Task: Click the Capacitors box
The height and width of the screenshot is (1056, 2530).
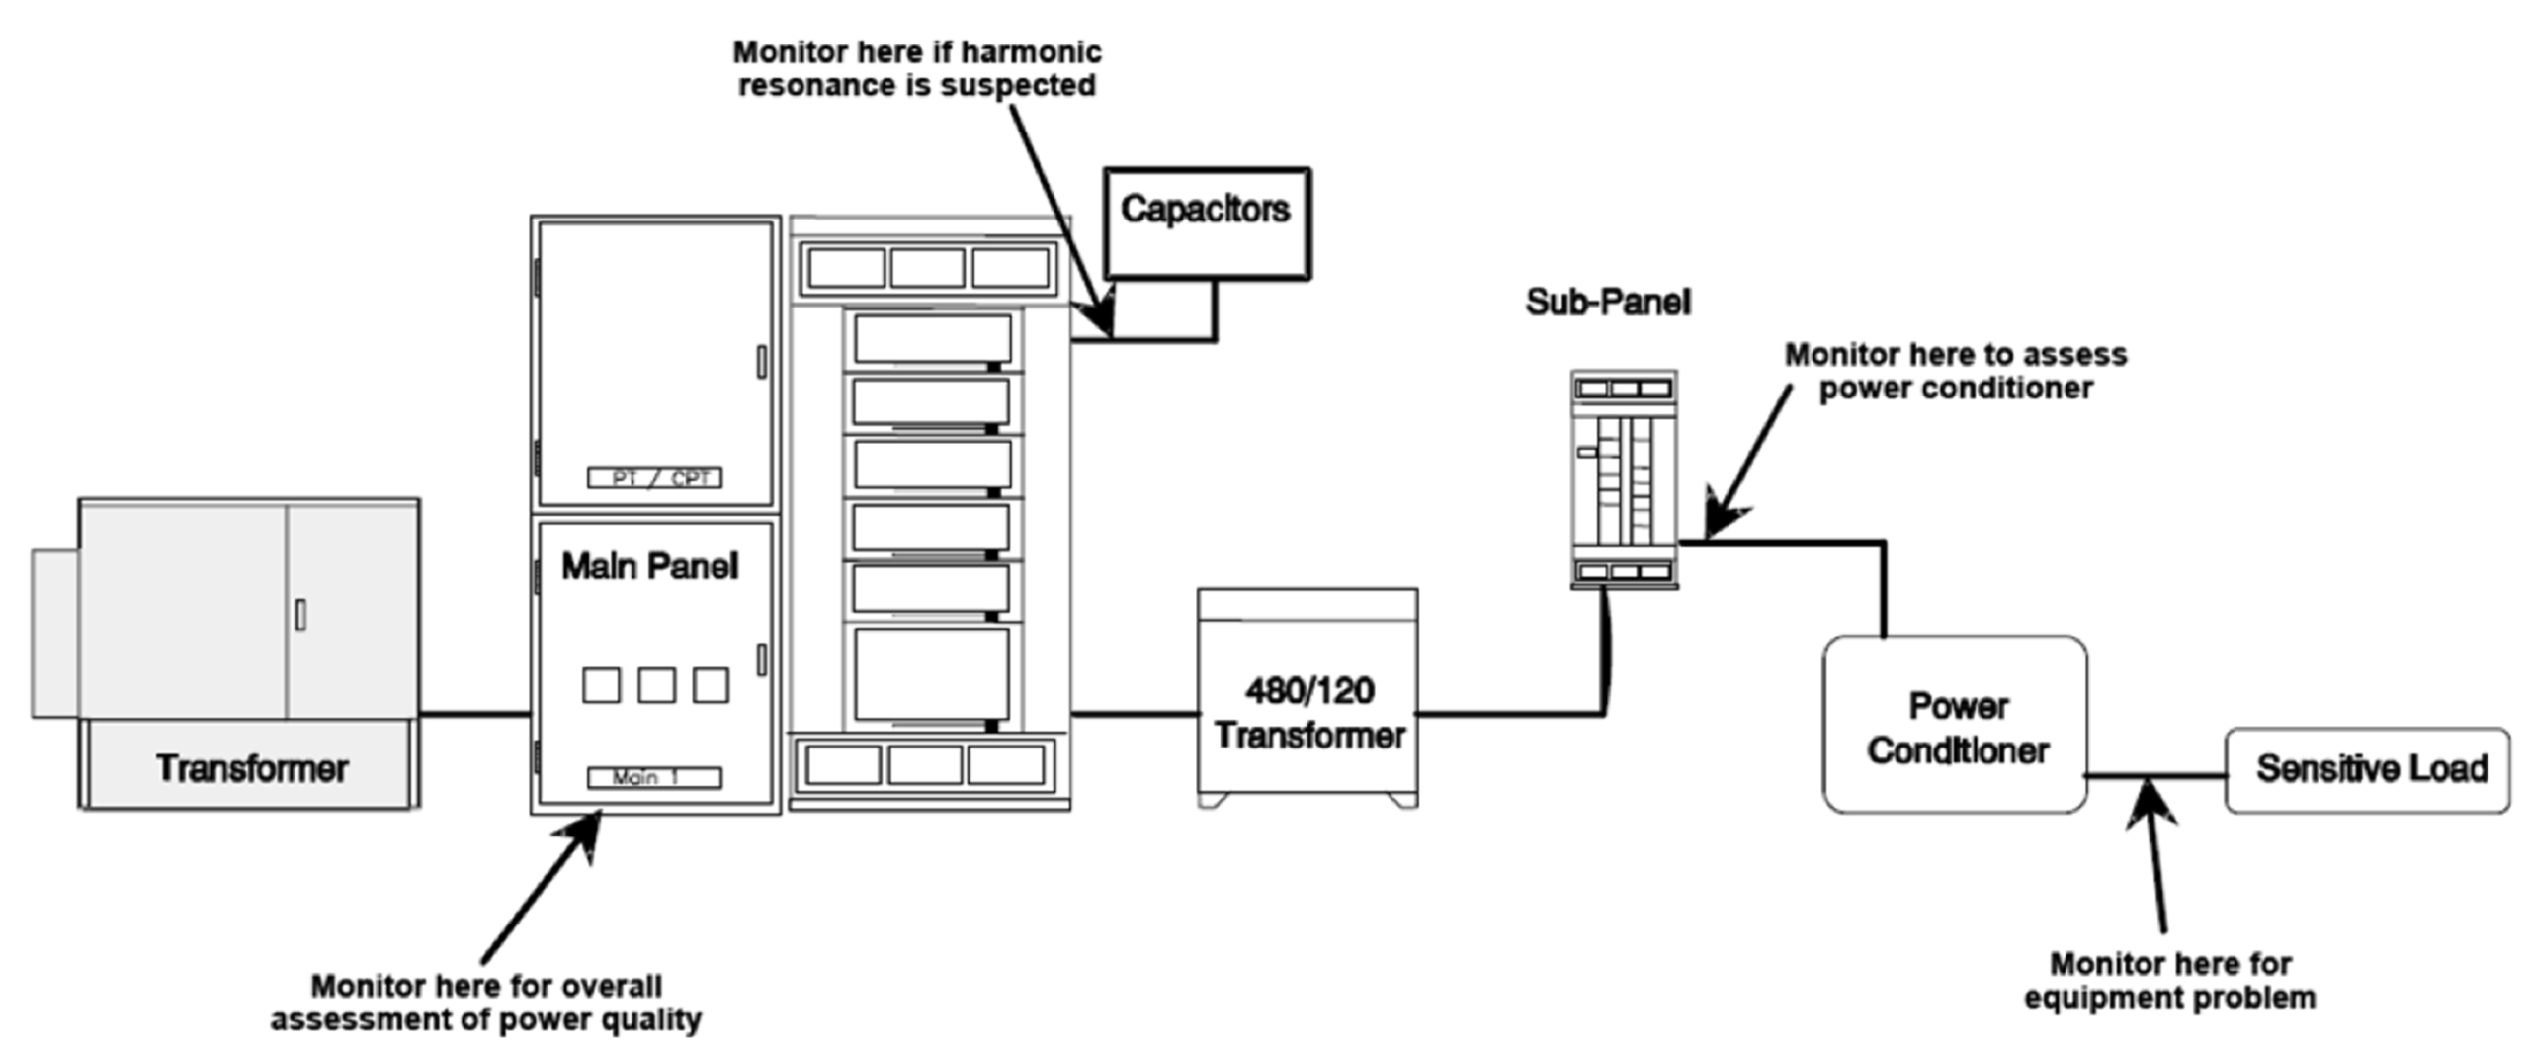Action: pyautogui.click(x=1207, y=222)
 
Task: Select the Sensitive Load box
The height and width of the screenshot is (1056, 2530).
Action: pyautogui.click(x=2368, y=770)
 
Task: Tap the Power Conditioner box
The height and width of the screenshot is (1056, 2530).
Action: pyautogui.click(x=1955, y=726)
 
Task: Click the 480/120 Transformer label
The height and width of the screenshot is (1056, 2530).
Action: pyautogui.click(x=1308, y=713)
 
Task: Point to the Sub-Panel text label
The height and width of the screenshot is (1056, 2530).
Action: pyautogui.click(x=1607, y=303)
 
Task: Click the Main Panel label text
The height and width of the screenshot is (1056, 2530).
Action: pyautogui.click(x=649, y=567)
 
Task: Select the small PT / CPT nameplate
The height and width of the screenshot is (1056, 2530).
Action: pyautogui.click(x=654, y=479)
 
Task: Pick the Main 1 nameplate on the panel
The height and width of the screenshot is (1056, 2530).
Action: pyautogui.click(x=654, y=778)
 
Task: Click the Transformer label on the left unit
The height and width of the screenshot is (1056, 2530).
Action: pyautogui.click(x=251, y=769)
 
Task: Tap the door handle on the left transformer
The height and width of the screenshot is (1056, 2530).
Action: pyautogui.click(x=300, y=615)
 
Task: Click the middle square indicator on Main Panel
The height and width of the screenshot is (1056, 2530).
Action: pyautogui.click(x=656, y=685)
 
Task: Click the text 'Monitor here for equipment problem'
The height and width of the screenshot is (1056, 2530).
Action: pyautogui.click(x=2169, y=980)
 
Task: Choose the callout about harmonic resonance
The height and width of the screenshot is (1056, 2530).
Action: pyautogui.click(x=916, y=68)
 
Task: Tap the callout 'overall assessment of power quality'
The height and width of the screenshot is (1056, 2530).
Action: pyautogui.click(x=486, y=1002)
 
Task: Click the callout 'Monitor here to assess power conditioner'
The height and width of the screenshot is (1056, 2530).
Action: pyautogui.click(x=1955, y=371)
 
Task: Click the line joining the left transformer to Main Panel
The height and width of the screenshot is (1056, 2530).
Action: pyautogui.click(x=474, y=713)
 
